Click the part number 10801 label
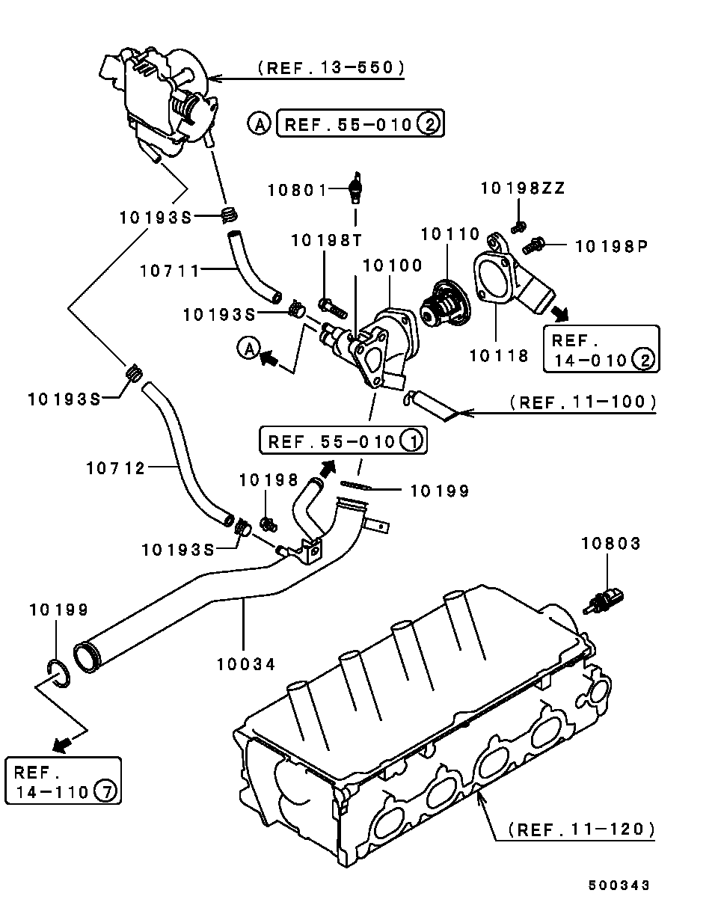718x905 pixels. [x=298, y=190]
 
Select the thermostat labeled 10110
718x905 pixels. [x=444, y=305]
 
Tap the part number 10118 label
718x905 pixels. [x=499, y=355]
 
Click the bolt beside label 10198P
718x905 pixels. [x=535, y=243]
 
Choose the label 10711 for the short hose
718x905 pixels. [x=169, y=271]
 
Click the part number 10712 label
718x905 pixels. [x=116, y=468]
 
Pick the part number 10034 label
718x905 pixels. [x=247, y=663]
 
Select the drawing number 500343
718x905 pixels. [x=619, y=885]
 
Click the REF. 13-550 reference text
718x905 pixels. [x=331, y=68]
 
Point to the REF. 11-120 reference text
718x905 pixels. [x=581, y=829]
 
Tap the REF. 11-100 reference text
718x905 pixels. [x=583, y=402]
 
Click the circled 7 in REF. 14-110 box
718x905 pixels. [x=106, y=791]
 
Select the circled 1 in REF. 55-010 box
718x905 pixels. [x=411, y=441]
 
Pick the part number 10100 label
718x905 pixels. [x=393, y=266]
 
